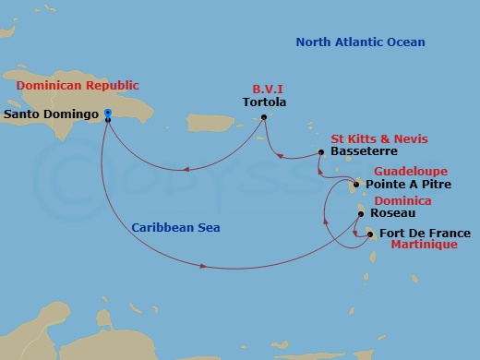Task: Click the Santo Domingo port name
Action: (x=51, y=115)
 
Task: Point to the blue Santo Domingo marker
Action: (x=108, y=114)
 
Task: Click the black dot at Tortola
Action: (x=264, y=116)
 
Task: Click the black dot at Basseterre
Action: (x=320, y=152)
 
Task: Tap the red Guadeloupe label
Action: (x=411, y=172)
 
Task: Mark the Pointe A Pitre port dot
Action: (x=356, y=185)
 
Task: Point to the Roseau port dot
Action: (x=360, y=214)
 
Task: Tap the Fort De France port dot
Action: (x=370, y=234)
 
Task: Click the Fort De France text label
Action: (x=425, y=234)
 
